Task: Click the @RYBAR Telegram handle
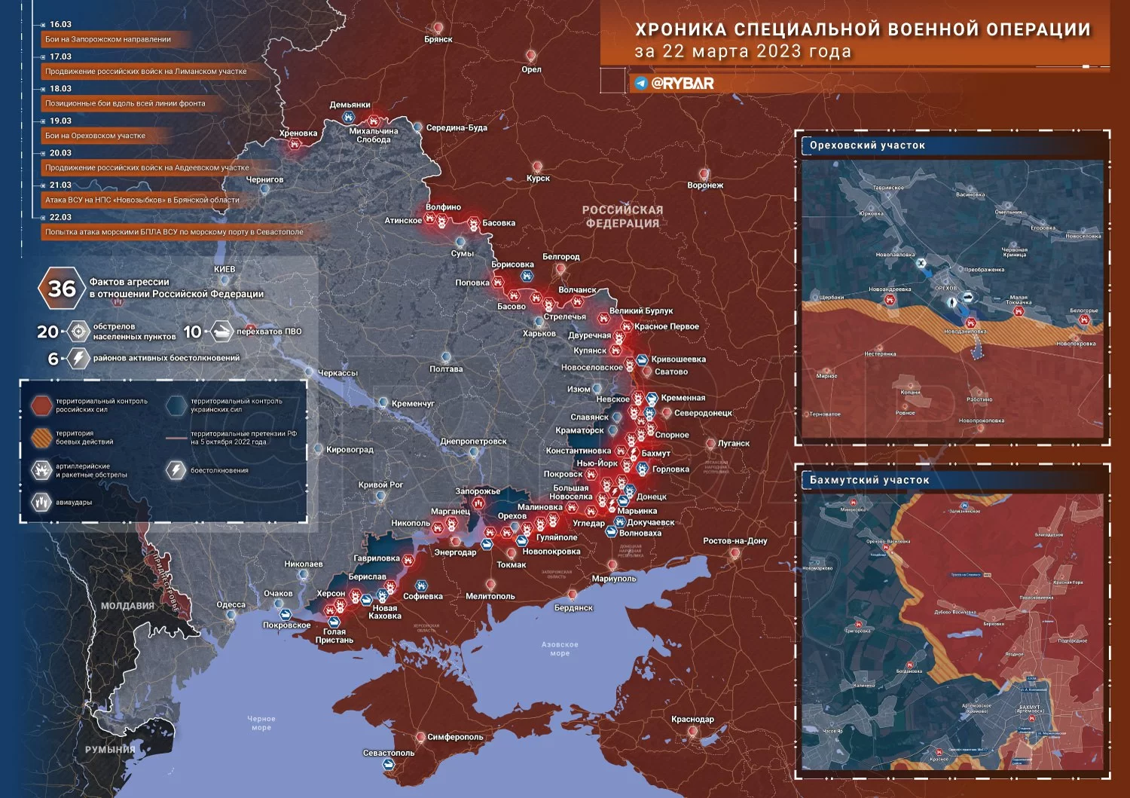682,83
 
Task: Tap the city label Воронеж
705,185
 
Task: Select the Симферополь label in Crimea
455,737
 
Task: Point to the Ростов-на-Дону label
734,541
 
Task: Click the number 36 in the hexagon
62,289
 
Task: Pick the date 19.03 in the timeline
60,121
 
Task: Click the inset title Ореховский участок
867,145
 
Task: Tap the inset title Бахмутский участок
869,480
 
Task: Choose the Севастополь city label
389,753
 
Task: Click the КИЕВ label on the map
224,269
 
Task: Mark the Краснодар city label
692,720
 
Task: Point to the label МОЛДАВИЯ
127,606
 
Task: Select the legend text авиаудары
74,503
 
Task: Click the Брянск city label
438,39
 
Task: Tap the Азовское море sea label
560,649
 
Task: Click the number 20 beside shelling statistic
47,332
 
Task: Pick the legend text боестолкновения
219,471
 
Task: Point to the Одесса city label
231,605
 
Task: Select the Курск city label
538,179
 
